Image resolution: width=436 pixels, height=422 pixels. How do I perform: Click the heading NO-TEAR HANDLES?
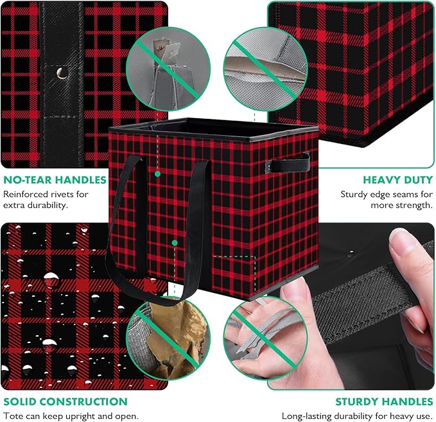[x=55, y=180]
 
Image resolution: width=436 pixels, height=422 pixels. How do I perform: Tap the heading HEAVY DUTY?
[x=398, y=180]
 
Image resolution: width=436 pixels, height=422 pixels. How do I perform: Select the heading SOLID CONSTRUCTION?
[x=65, y=401]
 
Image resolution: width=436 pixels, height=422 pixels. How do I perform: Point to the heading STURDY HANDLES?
[x=384, y=401]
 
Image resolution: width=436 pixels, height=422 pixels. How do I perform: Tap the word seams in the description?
[x=403, y=194]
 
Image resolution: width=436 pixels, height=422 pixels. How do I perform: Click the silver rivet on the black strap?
[x=62, y=73]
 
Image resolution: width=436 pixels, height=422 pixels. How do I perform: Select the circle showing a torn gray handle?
[x=168, y=69]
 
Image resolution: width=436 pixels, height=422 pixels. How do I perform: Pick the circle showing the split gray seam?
[x=265, y=69]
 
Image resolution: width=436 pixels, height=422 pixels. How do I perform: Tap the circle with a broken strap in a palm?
[x=265, y=338]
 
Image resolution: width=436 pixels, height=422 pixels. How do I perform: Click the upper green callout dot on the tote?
[x=157, y=174]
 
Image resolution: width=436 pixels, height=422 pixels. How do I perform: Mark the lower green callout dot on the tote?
[x=175, y=243]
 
